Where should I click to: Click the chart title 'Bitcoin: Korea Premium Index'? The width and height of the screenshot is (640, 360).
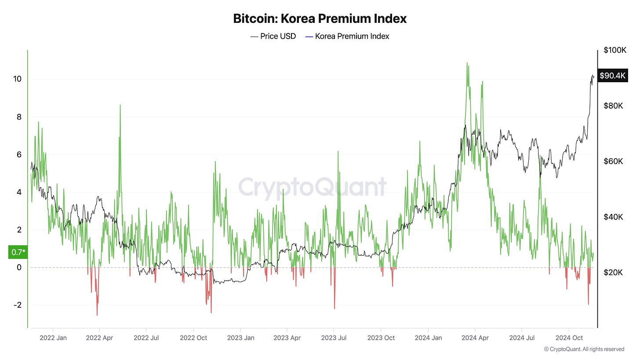(x=320, y=19)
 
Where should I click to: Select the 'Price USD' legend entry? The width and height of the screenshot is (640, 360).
(x=273, y=36)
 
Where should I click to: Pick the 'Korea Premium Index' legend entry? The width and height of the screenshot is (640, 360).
(x=347, y=36)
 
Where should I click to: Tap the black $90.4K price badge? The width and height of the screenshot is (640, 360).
(x=612, y=76)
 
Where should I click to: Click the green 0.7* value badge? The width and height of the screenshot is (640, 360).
(x=18, y=252)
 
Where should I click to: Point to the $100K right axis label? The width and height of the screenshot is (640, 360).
(x=615, y=50)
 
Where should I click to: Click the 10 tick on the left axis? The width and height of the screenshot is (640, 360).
(x=18, y=79)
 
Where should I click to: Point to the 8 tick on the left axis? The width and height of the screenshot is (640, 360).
(x=19, y=117)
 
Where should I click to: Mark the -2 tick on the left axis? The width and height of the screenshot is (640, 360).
(x=18, y=305)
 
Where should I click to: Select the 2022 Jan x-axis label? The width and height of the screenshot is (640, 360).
(x=53, y=338)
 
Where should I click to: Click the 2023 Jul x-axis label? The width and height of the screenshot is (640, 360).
(x=334, y=338)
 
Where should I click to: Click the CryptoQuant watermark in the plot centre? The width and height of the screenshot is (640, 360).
(x=313, y=186)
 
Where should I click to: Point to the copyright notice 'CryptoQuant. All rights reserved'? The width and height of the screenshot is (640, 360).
(x=584, y=349)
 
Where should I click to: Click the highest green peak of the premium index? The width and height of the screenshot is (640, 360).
(x=467, y=63)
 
